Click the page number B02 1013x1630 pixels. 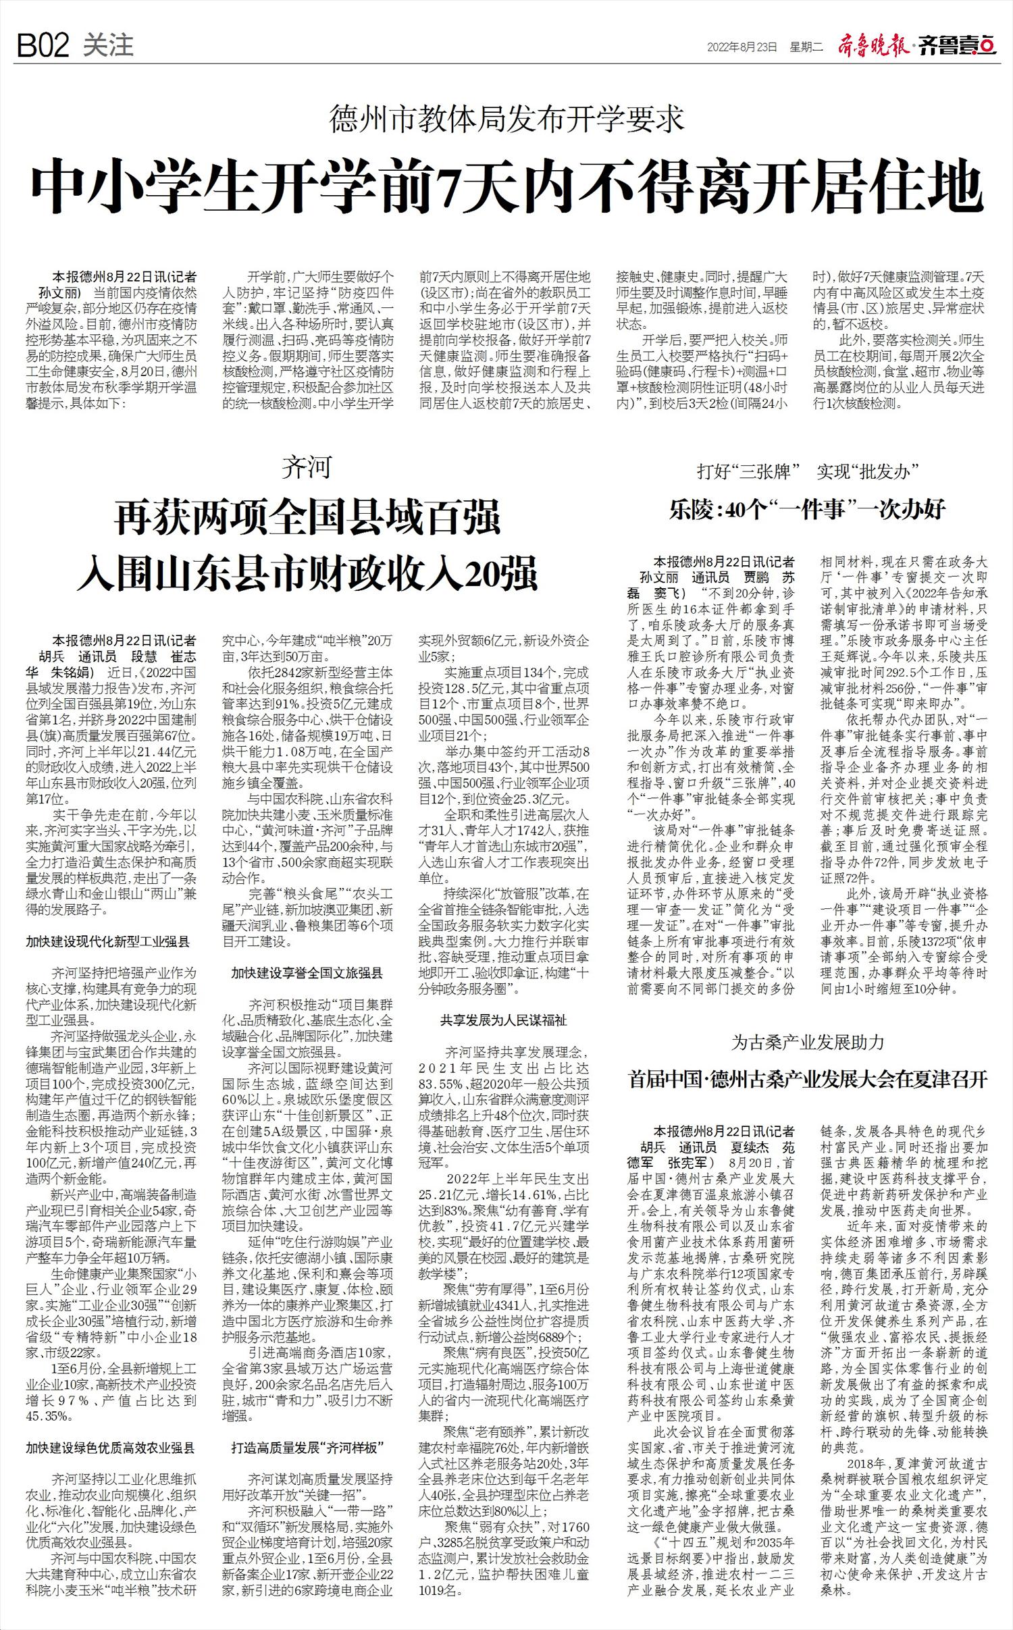43,47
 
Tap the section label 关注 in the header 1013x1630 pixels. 107,45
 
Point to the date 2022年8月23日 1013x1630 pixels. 742,47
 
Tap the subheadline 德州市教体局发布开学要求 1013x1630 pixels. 507,120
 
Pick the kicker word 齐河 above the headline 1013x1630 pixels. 307,467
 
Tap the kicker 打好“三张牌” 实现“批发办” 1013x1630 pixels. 808,471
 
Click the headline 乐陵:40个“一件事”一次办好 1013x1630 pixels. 808,510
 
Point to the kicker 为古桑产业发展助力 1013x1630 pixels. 808,1042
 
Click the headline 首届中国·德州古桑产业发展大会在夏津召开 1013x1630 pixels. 808,1079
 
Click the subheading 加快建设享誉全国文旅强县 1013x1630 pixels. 307,973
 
